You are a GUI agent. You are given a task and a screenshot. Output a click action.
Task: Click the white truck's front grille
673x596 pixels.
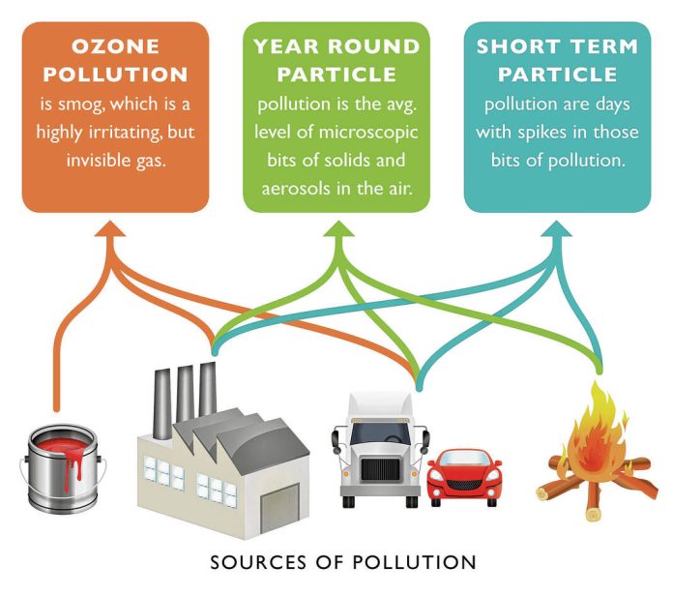(x=378, y=472)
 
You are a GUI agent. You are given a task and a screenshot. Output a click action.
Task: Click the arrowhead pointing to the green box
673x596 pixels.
(x=336, y=230)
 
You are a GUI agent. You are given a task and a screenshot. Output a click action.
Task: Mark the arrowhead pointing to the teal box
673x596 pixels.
(x=558, y=230)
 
